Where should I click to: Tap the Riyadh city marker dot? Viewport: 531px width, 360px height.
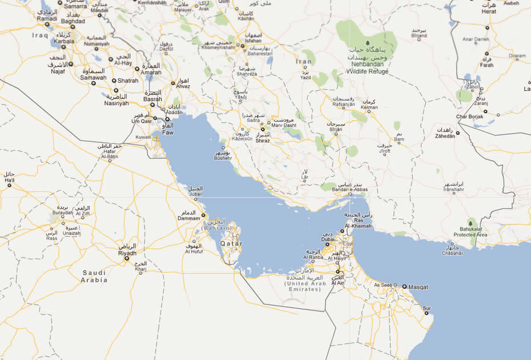click(127, 259)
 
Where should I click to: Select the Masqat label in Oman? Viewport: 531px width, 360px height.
click(419, 287)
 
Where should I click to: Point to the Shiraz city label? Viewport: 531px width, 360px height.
click(263, 140)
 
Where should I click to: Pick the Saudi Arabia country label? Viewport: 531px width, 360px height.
click(95, 277)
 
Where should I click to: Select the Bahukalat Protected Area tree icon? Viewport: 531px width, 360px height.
click(470, 222)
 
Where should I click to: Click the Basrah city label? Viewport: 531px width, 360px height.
click(152, 99)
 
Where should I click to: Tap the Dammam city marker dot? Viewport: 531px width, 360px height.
click(203, 215)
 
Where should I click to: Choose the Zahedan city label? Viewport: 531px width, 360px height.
click(447, 137)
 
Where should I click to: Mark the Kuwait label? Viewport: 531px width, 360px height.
click(143, 137)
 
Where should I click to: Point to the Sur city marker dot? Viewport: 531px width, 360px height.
click(427, 313)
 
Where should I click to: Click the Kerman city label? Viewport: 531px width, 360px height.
click(369, 107)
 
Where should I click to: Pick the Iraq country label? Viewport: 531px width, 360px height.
click(40, 35)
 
